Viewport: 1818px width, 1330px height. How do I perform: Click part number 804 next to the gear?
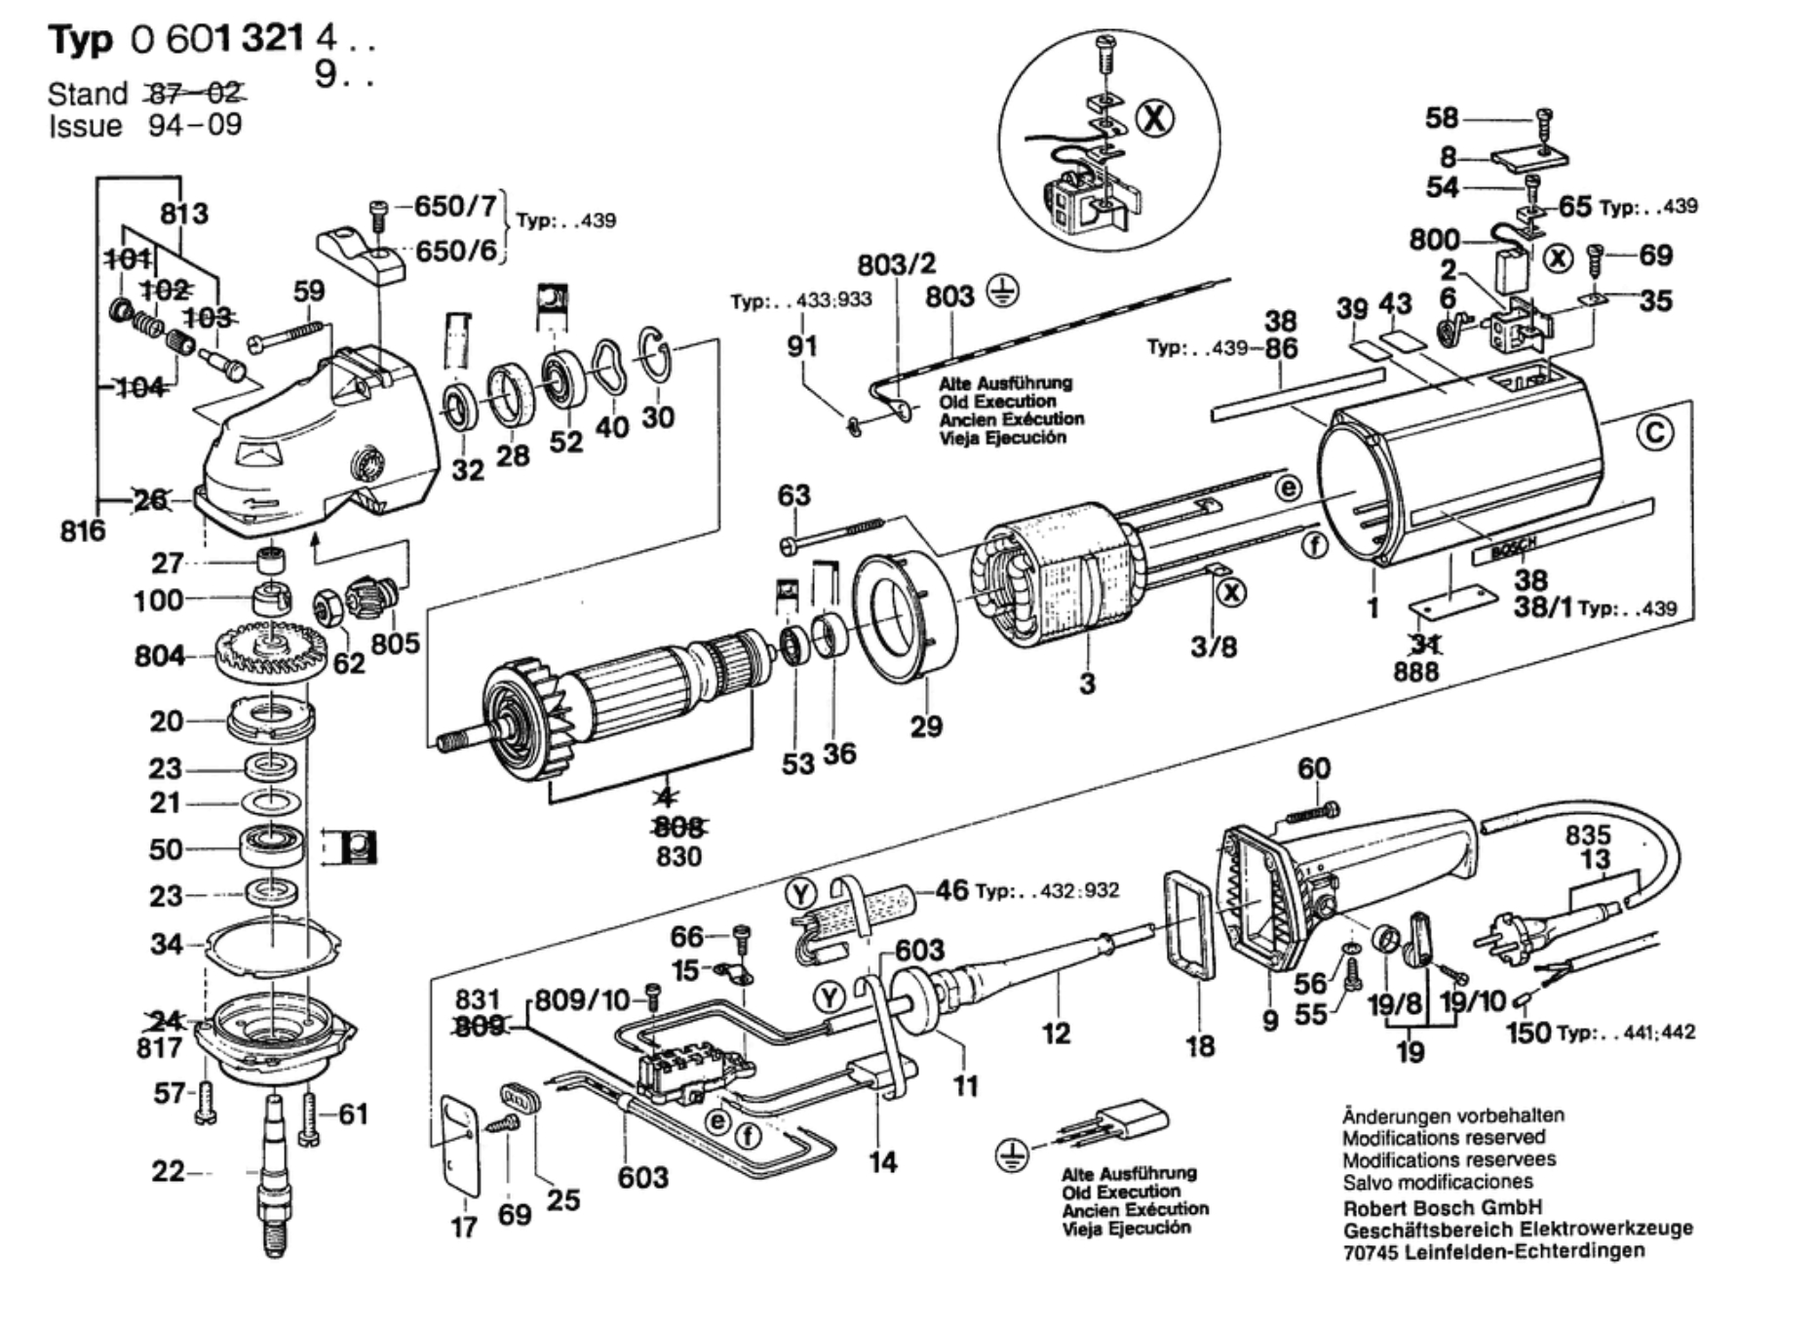[159, 655]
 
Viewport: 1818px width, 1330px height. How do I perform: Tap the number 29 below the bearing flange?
[926, 725]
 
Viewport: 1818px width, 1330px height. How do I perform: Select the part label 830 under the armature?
[678, 857]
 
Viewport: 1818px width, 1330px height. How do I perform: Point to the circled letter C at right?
[1654, 432]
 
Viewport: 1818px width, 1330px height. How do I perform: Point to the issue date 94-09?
[195, 126]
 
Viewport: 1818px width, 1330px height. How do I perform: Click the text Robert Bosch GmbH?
[1443, 1207]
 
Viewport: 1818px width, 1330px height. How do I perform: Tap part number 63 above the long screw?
[793, 495]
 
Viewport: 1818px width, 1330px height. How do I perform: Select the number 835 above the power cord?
[1588, 835]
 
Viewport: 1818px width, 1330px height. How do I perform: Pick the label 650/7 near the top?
[455, 206]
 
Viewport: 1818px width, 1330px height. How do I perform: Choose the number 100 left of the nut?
[159, 600]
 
